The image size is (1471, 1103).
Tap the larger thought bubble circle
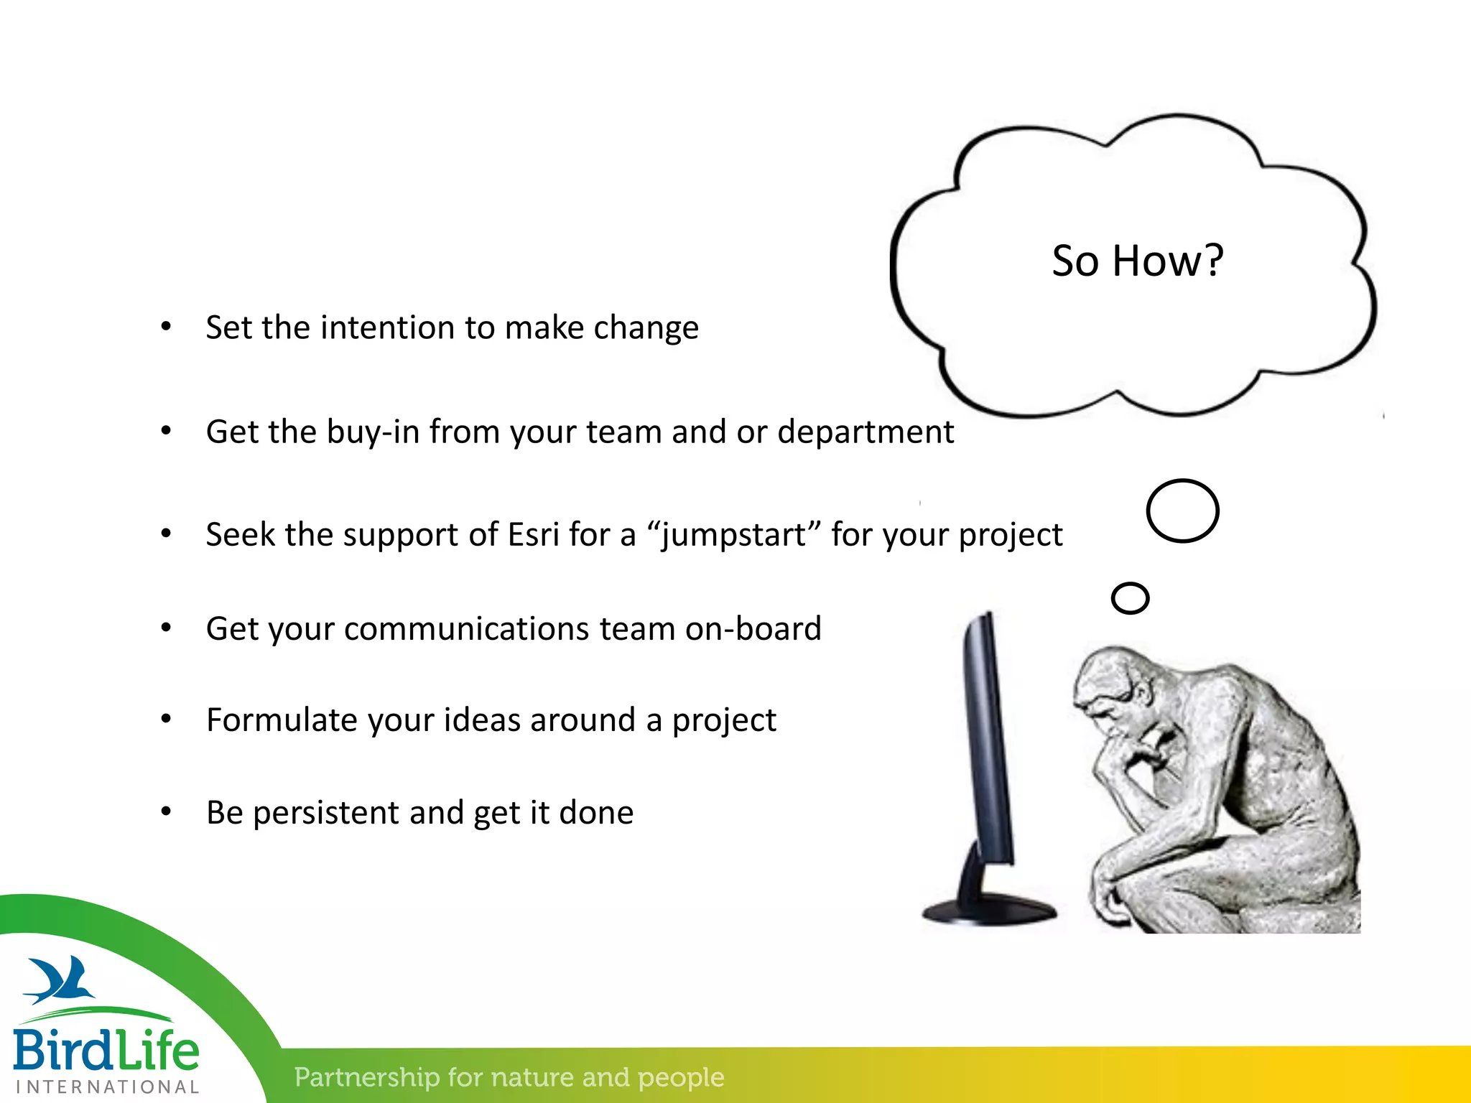1182,511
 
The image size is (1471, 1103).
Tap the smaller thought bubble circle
1130,598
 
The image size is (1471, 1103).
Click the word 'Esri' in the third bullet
533,535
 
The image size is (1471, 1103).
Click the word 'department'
866,432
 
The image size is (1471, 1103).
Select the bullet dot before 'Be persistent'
166,812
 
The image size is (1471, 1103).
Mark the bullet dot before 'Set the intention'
166,327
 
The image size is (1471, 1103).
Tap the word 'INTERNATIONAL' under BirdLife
107,1087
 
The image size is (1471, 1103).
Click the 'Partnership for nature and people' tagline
509,1077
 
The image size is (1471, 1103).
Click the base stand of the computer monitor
990,911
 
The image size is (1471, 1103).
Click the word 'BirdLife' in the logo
106,1050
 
